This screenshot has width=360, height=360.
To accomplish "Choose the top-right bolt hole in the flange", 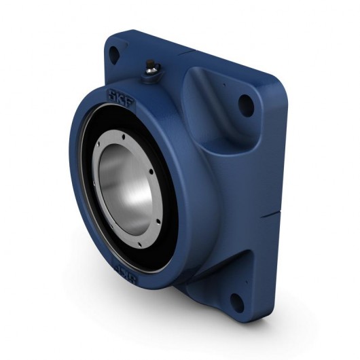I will tap(247, 103).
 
